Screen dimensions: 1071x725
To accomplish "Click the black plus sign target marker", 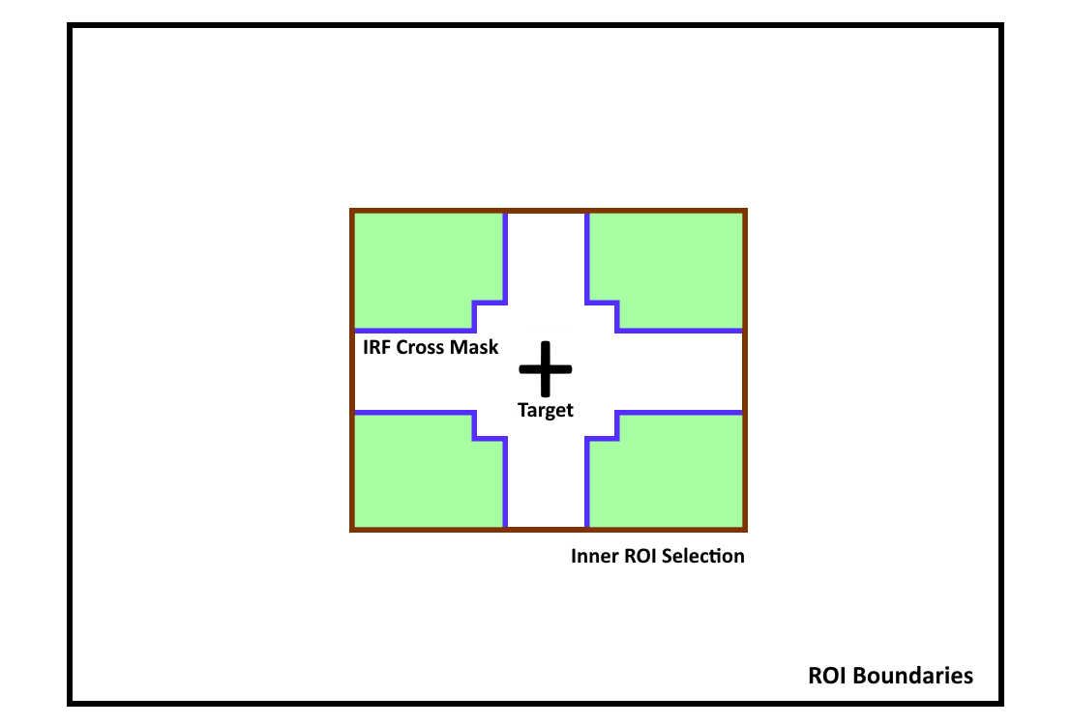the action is [545, 369].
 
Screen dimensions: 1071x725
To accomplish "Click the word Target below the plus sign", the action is [545, 410].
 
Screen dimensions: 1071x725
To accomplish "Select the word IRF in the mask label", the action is [377, 347].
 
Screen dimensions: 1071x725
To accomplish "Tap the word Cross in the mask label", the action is [420, 347].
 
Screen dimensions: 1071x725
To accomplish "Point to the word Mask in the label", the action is [474, 347].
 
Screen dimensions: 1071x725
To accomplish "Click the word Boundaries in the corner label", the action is [913, 675].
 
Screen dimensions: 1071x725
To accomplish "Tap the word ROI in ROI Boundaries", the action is [828, 675].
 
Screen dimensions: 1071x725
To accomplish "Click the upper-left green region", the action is [424, 266].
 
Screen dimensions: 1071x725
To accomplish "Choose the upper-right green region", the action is [669, 266].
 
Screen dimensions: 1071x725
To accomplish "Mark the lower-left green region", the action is [424, 475].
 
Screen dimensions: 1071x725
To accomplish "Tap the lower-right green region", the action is [669, 475].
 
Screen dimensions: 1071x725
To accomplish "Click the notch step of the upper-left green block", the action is [490, 316].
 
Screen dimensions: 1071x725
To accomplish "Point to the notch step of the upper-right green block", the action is [602, 316].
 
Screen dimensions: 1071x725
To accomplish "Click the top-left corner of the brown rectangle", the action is [352, 211].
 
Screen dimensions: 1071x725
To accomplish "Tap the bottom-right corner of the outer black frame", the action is [1001, 703].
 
